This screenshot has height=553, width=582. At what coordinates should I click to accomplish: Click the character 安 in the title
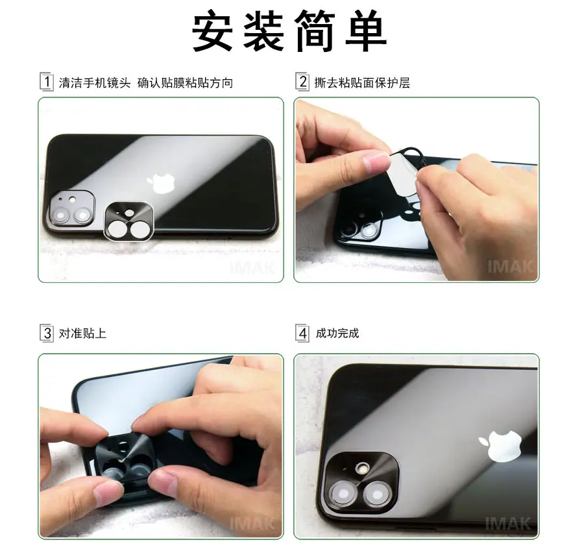point(212,31)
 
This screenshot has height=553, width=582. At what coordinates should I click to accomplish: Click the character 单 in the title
point(366,31)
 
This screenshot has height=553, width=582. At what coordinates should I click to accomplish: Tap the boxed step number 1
point(47,82)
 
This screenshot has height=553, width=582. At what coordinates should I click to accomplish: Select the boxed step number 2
point(302,82)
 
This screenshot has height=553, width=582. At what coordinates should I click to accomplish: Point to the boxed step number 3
point(47,333)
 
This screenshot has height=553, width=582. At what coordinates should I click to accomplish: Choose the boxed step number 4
point(302,333)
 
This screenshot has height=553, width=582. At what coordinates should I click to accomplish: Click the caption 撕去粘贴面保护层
point(362,82)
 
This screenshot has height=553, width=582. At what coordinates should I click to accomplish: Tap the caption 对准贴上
point(82,333)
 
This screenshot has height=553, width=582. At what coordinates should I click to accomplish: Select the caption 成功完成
point(337,333)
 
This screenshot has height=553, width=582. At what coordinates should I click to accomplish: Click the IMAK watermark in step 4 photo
point(508,524)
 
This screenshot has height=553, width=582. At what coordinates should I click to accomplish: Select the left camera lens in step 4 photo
point(344,493)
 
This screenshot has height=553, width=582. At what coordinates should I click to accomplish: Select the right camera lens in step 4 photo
point(377,495)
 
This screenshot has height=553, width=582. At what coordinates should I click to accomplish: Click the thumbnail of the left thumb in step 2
point(377,161)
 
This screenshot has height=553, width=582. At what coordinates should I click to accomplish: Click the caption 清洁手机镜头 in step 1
point(95,82)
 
